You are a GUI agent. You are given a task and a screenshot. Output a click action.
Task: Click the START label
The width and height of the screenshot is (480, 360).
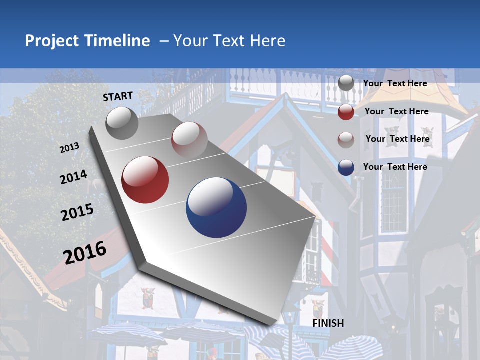pyautogui.click(x=118, y=96)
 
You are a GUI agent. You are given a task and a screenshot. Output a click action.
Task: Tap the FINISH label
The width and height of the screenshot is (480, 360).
pyautogui.click(x=328, y=323)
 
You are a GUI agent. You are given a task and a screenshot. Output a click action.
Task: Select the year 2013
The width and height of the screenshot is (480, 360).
pyautogui.click(x=69, y=148)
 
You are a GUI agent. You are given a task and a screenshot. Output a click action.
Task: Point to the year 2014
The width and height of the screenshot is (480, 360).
pyautogui.click(x=73, y=177)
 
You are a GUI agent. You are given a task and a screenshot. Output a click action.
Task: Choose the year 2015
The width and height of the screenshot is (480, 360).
pyautogui.click(x=77, y=212)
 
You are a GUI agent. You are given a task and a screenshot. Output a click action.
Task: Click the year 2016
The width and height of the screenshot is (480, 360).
pyautogui.click(x=85, y=252)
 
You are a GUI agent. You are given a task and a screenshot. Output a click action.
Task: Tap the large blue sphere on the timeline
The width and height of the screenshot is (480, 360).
pyautogui.click(x=216, y=207)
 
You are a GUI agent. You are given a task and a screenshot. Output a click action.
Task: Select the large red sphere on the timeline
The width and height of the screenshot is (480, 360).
pyautogui.click(x=145, y=180)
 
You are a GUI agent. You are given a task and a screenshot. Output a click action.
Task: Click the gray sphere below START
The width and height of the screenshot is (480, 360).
pyautogui.click(x=122, y=123)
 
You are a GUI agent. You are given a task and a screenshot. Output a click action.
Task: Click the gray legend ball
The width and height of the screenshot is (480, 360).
pyautogui.click(x=346, y=83)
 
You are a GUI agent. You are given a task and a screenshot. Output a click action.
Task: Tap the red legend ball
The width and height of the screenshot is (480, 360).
pyautogui.click(x=346, y=112)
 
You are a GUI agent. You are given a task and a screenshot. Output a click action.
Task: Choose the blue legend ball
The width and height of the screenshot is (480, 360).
pyautogui.click(x=346, y=167)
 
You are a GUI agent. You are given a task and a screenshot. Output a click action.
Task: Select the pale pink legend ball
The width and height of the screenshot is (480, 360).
pyautogui.click(x=346, y=140)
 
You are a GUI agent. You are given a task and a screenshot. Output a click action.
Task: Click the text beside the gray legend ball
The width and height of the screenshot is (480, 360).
pyautogui.click(x=395, y=83)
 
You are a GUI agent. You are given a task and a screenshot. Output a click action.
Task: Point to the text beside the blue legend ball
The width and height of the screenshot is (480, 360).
pyautogui.click(x=395, y=167)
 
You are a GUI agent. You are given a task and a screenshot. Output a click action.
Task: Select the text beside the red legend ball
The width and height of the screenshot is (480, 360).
pyautogui.click(x=397, y=111)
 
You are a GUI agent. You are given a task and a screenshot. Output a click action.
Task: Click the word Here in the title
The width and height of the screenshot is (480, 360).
pyautogui.click(x=267, y=41)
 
